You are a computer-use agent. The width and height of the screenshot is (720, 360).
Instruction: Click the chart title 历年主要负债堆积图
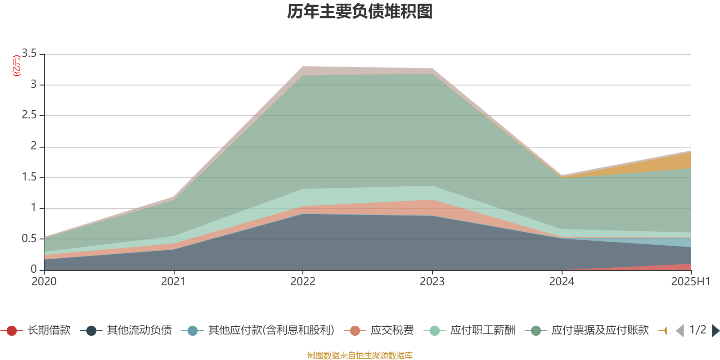[x=360, y=12]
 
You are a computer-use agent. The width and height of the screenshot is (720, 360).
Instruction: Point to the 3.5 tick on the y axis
[x=29, y=54]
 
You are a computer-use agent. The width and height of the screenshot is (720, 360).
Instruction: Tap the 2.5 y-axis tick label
[x=29, y=115]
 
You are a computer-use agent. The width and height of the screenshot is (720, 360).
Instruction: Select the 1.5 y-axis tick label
[x=29, y=177]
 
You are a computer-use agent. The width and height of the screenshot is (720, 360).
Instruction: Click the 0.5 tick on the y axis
[x=29, y=238]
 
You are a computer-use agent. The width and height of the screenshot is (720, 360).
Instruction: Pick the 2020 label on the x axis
[x=44, y=282]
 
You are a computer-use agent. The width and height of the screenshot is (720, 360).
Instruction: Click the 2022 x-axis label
[x=303, y=282]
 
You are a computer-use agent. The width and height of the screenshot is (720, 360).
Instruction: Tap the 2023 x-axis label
[x=432, y=282]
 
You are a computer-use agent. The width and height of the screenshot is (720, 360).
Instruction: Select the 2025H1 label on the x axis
[x=690, y=282]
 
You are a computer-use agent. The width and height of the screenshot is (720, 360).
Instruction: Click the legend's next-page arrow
[x=715, y=331]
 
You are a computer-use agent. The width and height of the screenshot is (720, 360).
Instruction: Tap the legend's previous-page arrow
[x=680, y=331]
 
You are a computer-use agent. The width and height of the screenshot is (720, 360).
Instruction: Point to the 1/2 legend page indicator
[x=697, y=330]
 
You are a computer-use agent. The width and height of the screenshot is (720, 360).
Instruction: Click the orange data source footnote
[x=360, y=355]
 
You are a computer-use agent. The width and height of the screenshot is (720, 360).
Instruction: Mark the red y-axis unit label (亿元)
[x=16, y=66]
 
